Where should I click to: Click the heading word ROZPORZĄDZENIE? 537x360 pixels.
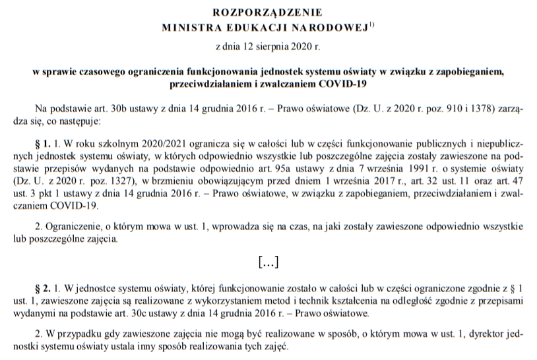coord(268,12)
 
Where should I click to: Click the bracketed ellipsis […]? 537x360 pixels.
coord(268,262)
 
